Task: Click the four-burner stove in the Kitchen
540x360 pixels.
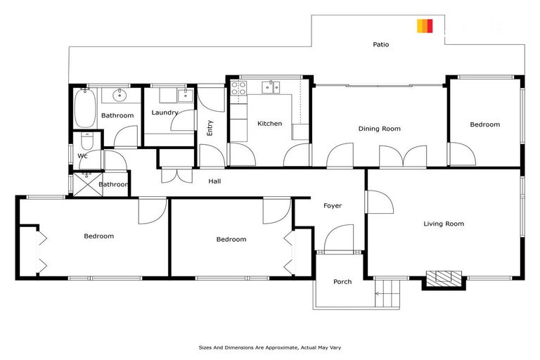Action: tap(239, 89)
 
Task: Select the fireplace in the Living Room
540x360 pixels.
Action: tap(444, 279)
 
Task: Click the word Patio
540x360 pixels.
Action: tap(380, 44)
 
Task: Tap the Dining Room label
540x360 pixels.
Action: tap(379, 129)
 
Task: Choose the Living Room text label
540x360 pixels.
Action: tap(444, 224)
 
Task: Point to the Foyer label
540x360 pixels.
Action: tap(333, 206)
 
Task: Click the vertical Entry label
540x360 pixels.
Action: tap(210, 128)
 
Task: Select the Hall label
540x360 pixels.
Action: tap(215, 181)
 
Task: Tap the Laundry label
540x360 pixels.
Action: tap(165, 112)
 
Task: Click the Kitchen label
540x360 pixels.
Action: tap(269, 124)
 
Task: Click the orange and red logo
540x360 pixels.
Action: tap(425, 26)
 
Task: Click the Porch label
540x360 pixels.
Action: tap(342, 282)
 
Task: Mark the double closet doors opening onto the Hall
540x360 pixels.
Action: tap(175, 175)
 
